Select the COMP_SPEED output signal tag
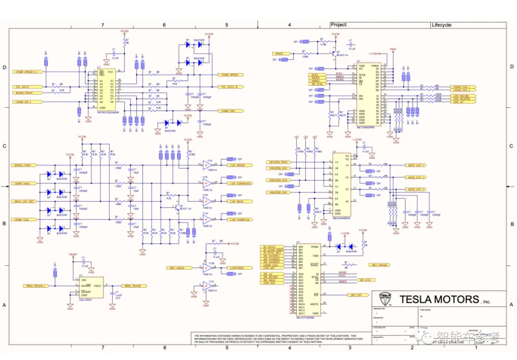click(x=229, y=75)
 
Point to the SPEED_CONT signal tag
click(x=25, y=165)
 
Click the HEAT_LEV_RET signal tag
click(x=25, y=202)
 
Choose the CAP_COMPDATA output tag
click(x=240, y=184)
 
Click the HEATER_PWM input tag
click(x=279, y=162)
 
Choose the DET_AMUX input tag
click(x=177, y=268)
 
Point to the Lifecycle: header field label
click(x=442, y=25)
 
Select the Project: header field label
click(x=339, y=25)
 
